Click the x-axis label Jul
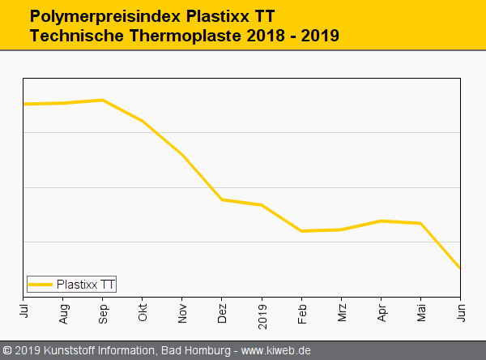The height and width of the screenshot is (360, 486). click(23, 309)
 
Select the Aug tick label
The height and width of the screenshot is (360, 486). click(63, 311)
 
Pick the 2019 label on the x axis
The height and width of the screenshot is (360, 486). click(262, 312)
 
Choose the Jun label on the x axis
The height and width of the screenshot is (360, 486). click(460, 309)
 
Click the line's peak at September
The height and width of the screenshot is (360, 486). click(102, 100)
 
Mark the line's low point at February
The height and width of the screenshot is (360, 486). click(301, 231)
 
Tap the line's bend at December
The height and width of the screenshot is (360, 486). click(222, 199)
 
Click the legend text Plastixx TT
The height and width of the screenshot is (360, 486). click(86, 285)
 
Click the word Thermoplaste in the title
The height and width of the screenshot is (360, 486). click(185, 36)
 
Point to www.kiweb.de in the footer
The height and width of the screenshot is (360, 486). click(276, 350)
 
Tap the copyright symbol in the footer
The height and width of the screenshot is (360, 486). click(7, 350)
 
